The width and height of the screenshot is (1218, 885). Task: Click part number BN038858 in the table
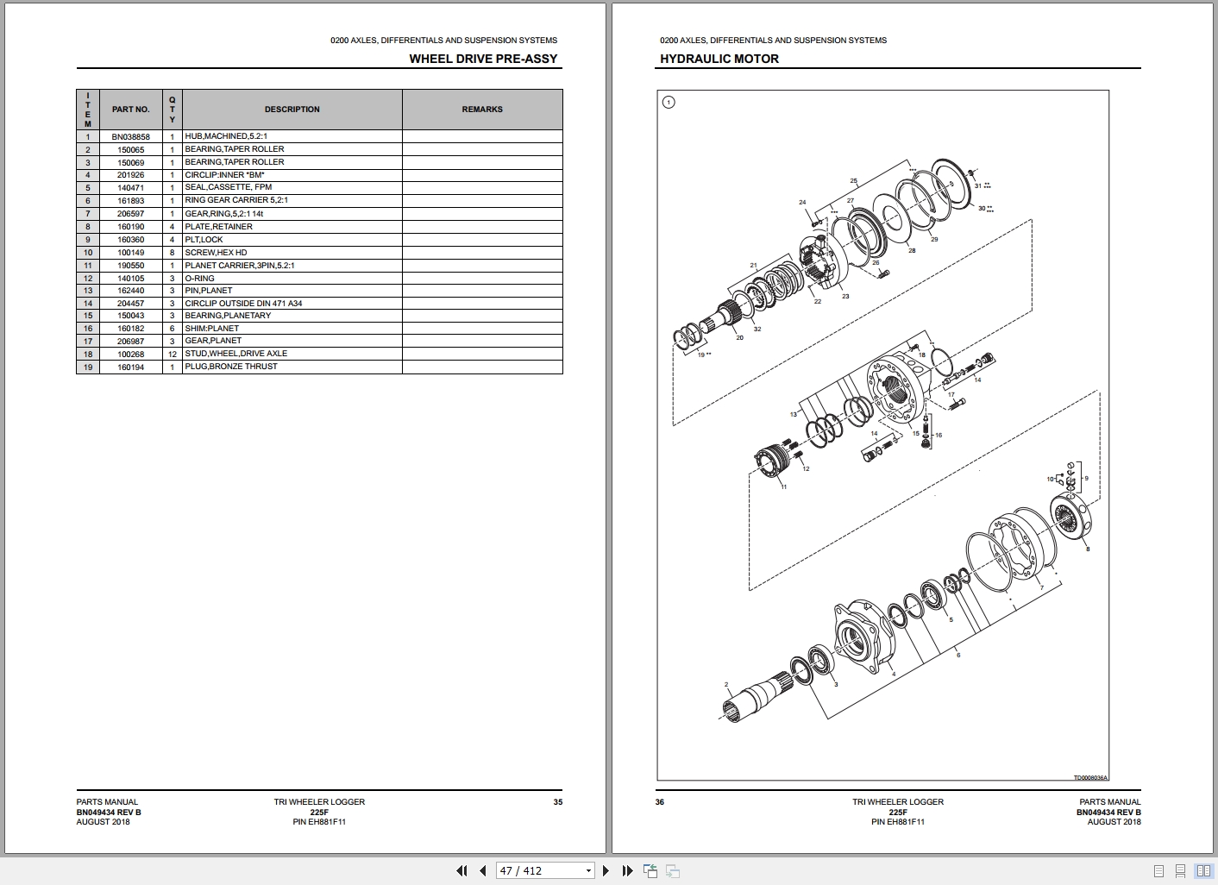[130, 136]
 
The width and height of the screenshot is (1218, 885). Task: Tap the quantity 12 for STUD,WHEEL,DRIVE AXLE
[172, 354]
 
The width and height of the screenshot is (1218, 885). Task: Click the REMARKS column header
[482, 110]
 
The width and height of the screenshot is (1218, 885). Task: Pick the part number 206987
[130, 341]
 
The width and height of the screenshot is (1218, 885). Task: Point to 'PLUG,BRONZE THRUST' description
[231, 367]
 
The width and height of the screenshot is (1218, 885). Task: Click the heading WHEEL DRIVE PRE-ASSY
[483, 59]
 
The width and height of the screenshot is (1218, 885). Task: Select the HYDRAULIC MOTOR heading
[719, 59]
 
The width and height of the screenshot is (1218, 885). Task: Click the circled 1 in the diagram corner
[669, 103]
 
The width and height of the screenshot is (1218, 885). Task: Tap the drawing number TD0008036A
[1089, 777]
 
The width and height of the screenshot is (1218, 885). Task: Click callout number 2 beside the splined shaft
[726, 685]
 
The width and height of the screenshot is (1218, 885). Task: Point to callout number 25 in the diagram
[853, 181]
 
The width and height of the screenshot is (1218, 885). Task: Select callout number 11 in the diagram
[783, 487]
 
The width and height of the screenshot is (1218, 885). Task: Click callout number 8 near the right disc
[1087, 549]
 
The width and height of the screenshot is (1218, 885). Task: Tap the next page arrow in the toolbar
[606, 870]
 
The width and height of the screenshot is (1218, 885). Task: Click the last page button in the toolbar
[627, 870]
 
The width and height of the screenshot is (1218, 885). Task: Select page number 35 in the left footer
[557, 802]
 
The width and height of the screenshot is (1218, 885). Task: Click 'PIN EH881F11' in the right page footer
[897, 822]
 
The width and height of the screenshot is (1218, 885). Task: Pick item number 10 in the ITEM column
[87, 253]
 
